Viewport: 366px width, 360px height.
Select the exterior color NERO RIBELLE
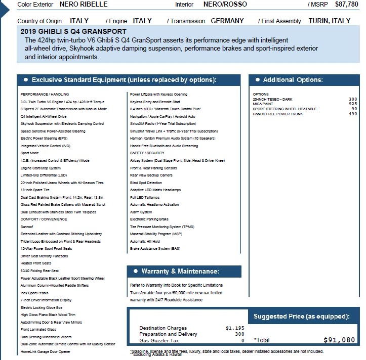pos(84,5)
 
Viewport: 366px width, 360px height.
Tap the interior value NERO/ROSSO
pos(225,5)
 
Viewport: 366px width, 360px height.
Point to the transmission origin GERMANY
pos(227,21)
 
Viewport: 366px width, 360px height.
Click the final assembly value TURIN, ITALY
pos(329,21)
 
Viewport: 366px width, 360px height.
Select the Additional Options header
pos(292,80)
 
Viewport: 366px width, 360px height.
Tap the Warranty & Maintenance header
pos(180,272)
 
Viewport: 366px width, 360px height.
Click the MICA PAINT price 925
pos(353,104)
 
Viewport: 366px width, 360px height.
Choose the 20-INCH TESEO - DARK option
pos(272,99)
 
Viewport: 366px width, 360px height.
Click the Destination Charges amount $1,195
pos(234,328)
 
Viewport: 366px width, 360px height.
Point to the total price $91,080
pos(339,340)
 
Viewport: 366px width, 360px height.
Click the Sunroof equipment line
pos(27,228)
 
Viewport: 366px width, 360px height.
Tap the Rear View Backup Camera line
pos(151,175)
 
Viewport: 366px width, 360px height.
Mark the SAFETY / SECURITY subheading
pos(147,153)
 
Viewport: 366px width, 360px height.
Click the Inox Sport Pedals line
pos(34,293)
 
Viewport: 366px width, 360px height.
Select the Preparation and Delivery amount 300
pos(239,334)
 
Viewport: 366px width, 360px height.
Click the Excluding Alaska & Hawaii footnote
pos(157,354)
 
